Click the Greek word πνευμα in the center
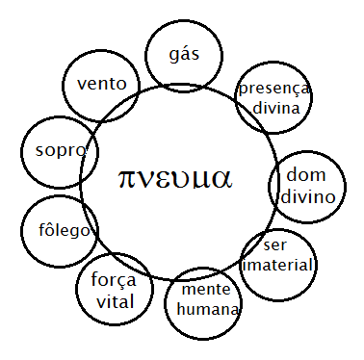177,178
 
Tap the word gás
183,54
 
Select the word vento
102,83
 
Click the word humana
204,310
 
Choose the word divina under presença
276,109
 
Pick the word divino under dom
308,197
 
